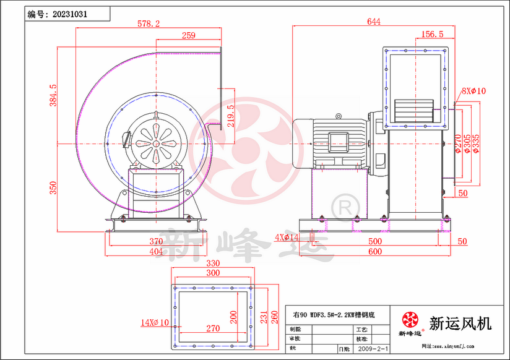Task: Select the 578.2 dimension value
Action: tap(149, 24)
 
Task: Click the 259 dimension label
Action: tap(189, 36)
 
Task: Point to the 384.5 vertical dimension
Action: tap(53, 94)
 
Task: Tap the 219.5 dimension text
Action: tap(231, 116)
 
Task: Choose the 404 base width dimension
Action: tap(156, 252)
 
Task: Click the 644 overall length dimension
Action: tap(373, 22)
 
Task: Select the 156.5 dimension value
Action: tap(432, 35)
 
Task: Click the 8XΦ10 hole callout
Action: tap(473, 91)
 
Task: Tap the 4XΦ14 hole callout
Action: tap(286, 238)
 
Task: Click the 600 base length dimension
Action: tap(375, 252)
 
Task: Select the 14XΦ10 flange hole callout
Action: tap(155, 322)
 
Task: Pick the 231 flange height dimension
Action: tap(262, 316)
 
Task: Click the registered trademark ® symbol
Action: tap(340, 204)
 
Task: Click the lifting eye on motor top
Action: tap(338, 116)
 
